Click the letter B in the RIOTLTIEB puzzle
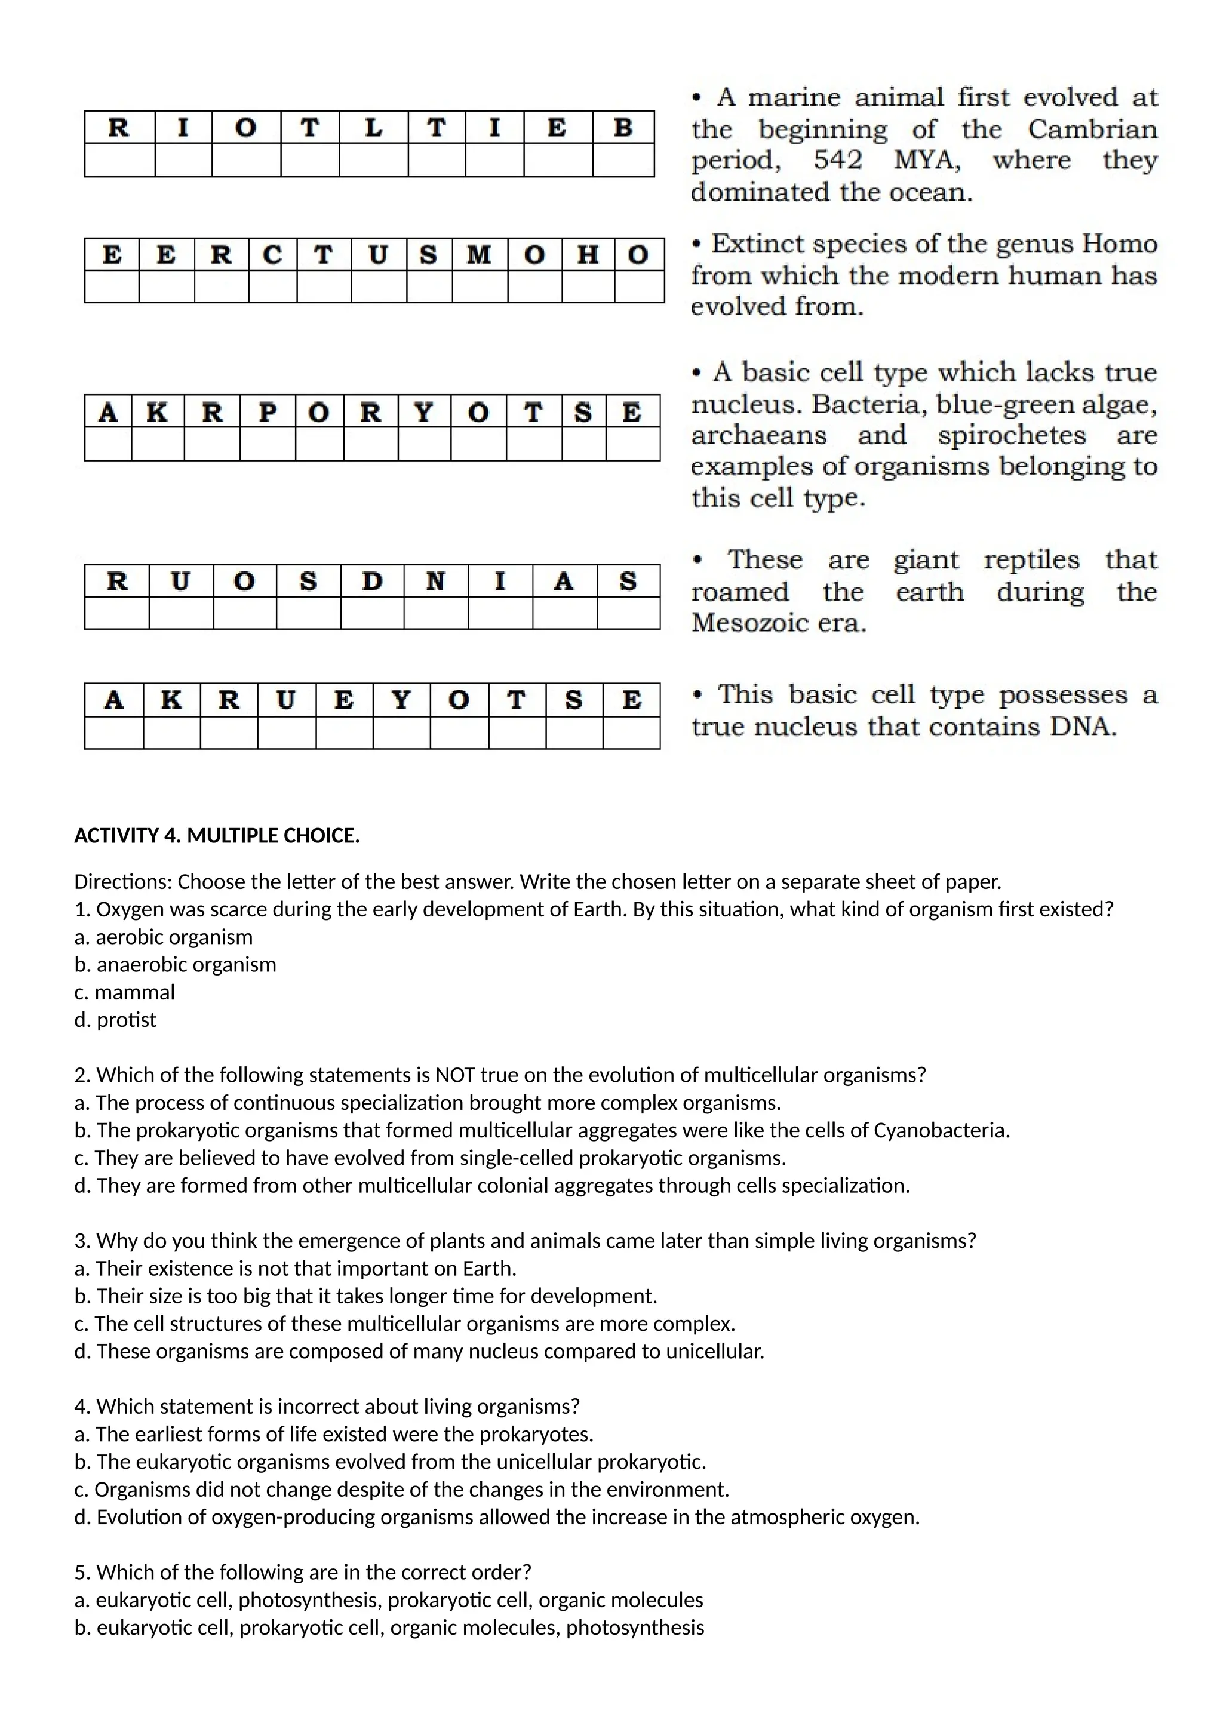click(x=623, y=127)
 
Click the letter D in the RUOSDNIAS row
click(x=372, y=582)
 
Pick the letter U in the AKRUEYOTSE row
click(x=285, y=700)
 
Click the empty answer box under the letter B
click(x=623, y=161)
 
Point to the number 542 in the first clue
click(x=837, y=161)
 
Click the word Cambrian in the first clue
click(x=1093, y=129)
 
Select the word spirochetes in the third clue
click(x=1012, y=435)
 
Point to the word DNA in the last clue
click(x=1085, y=726)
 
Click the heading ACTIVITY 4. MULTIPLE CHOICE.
click(x=217, y=836)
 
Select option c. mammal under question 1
click(x=125, y=992)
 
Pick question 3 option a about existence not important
click(x=295, y=1269)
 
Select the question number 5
click(x=82, y=1573)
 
